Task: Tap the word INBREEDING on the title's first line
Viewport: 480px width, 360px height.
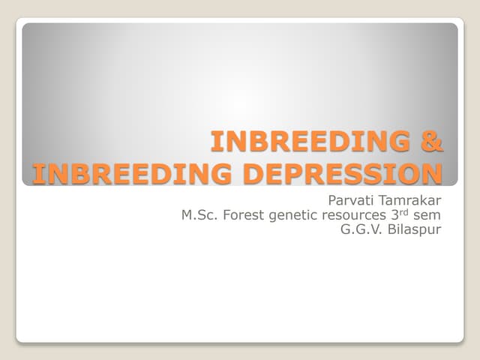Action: [311, 141]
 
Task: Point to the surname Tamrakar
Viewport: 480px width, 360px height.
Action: [412, 200]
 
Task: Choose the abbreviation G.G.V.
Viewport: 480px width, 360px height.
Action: [360, 229]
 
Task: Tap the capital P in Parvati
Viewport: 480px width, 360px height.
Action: [333, 200]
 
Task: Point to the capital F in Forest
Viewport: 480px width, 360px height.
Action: [232, 214]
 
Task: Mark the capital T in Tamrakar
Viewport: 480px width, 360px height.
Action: [385, 200]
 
